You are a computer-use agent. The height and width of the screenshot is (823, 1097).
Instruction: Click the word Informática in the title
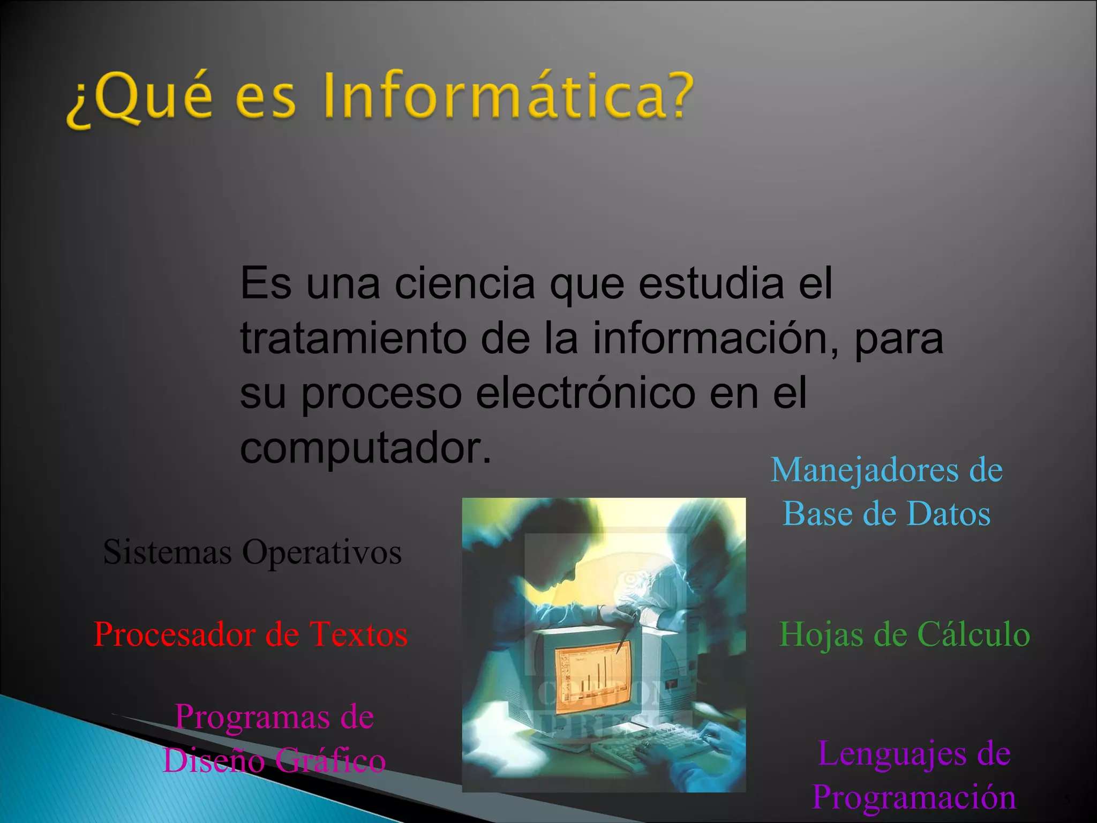[x=509, y=96]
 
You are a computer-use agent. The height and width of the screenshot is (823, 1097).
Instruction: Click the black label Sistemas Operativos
[x=252, y=552]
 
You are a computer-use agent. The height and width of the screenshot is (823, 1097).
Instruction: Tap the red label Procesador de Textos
[x=251, y=634]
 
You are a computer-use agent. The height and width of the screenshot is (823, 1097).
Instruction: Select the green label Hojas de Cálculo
[x=904, y=634]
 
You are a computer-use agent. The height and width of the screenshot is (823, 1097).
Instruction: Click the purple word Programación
[x=914, y=797]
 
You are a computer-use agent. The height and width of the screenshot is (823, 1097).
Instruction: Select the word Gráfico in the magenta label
[x=330, y=761]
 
